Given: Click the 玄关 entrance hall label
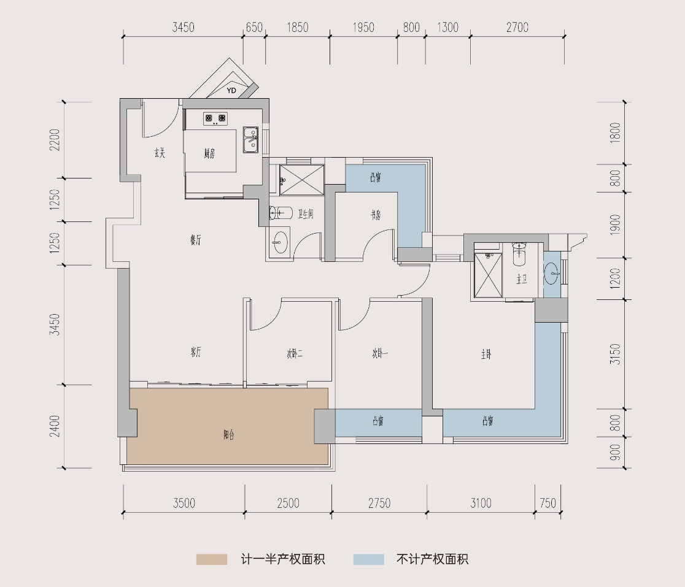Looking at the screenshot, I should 160,153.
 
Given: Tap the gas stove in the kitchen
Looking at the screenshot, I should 215,118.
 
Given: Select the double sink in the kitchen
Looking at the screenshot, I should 251,140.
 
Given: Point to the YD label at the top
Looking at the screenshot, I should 231,91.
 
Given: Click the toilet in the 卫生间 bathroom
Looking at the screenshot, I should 281,213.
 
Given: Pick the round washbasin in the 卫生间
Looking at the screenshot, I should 280,240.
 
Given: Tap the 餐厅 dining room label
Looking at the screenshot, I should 195,241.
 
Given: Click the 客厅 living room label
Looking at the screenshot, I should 196,352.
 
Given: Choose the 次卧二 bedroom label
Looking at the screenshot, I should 295,353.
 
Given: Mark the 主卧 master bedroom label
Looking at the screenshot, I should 486,354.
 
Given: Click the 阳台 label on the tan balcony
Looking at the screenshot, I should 228,435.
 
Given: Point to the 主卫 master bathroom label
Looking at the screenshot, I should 522,280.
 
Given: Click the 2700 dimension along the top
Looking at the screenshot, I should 517,28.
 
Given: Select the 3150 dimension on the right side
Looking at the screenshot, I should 616,354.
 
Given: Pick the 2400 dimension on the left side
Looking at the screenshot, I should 55,426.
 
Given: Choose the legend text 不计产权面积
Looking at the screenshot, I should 433,559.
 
